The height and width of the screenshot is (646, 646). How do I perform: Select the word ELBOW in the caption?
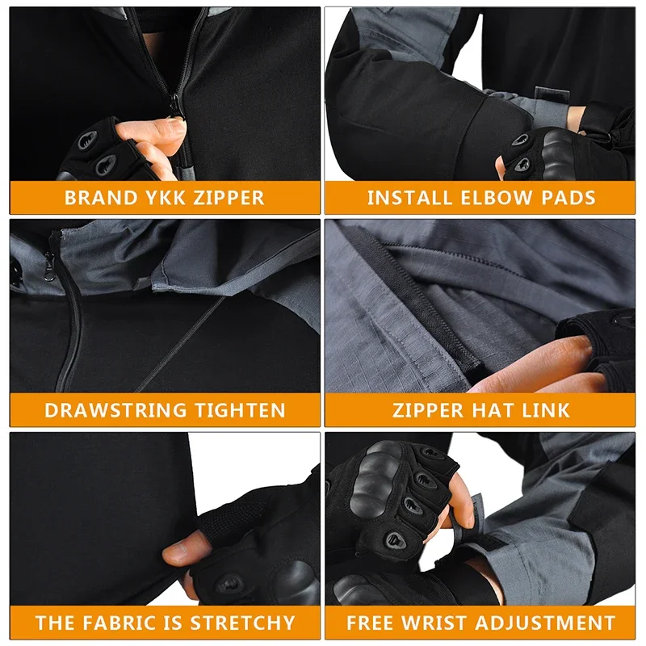click(x=500, y=198)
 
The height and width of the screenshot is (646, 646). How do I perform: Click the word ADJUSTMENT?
click(x=546, y=623)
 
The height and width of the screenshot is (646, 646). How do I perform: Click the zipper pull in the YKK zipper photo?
click(x=175, y=105)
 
